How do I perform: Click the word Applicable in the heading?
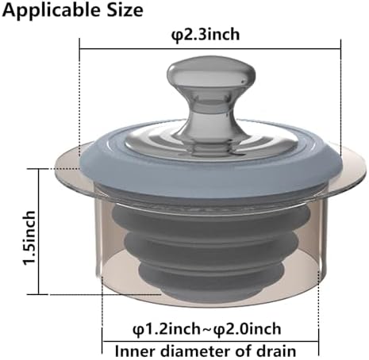pos(52,10)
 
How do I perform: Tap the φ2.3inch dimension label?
pos(206,35)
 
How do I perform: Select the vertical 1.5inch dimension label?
pos(29,238)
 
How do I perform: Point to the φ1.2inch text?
pos(167,329)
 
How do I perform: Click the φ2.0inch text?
pos(248,329)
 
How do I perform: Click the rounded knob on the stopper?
pos(211,72)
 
